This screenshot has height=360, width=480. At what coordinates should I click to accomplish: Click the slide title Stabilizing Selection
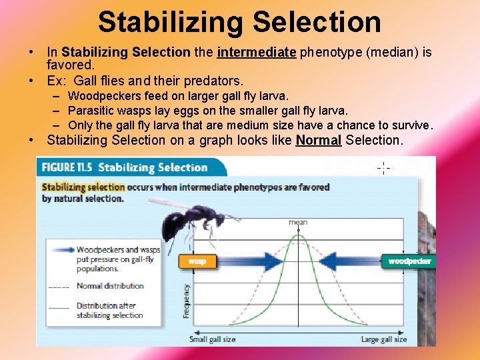pyautogui.click(x=239, y=21)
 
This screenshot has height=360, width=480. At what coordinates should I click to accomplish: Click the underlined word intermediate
pyautogui.click(x=257, y=52)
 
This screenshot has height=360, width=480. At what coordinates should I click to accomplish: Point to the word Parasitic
pyautogui.click(x=91, y=111)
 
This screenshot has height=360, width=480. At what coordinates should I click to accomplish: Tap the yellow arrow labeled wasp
pyautogui.click(x=200, y=261)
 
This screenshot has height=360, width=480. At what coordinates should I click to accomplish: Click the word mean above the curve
pyautogui.click(x=298, y=223)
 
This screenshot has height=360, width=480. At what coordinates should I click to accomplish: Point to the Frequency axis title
pyautogui.click(x=186, y=300)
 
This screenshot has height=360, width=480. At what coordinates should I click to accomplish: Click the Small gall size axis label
pyautogui.click(x=212, y=339)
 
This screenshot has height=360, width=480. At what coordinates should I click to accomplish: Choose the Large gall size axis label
pyautogui.click(x=383, y=339)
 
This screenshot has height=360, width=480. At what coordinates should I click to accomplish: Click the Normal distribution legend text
pyautogui.click(x=110, y=286)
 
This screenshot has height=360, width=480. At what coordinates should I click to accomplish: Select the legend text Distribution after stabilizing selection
pyautogui.click(x=109, y=311)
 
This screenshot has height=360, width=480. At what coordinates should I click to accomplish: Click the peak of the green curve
pyautogui.click(x=299, y=235)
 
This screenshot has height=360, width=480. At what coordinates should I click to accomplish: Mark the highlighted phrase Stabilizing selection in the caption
pyautogui.click(x=83, y=187)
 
